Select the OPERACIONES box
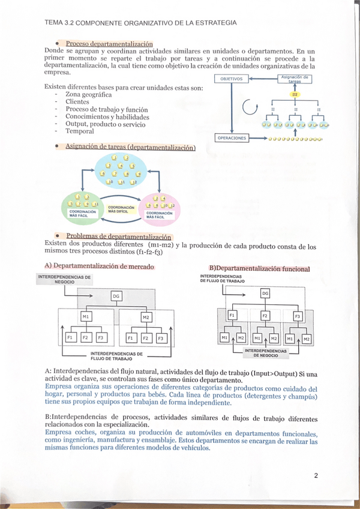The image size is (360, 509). [232, 138]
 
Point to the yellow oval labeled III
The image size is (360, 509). [295, 95]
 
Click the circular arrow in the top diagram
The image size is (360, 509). [248, 109]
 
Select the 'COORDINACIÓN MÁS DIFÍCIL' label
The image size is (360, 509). [118, 209]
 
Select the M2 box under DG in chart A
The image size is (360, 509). [146, 317]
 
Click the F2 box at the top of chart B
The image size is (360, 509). [265, 315]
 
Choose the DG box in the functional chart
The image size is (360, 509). [265, 293]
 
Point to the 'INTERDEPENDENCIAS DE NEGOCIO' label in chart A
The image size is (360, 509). [64, 279]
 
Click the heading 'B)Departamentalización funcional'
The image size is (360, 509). [259, 268]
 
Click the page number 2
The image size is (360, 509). [316, 476]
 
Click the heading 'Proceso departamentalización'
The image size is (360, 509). [109, 43]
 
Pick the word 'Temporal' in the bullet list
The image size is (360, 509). [79, 131]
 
